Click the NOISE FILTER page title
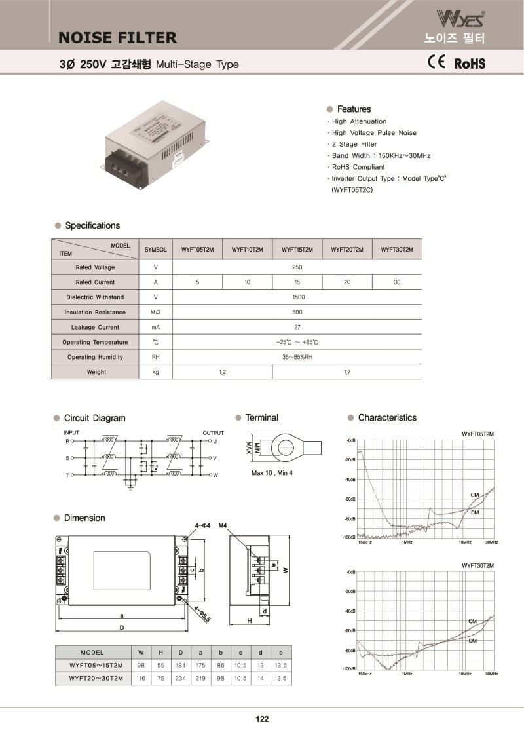117,37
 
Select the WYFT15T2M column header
297,250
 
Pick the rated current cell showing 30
397,282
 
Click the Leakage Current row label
95,327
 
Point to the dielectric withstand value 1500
297,297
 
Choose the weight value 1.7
346,372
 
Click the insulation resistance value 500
297,313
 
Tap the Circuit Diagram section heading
94,418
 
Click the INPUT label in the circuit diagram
71,433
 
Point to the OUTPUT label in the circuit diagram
213,433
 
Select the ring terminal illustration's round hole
285,448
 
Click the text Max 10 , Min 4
272,473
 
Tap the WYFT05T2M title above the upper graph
477,434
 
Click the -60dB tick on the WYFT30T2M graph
350,631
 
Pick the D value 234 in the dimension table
180,679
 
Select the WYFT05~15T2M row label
96,666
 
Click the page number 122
262,719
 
